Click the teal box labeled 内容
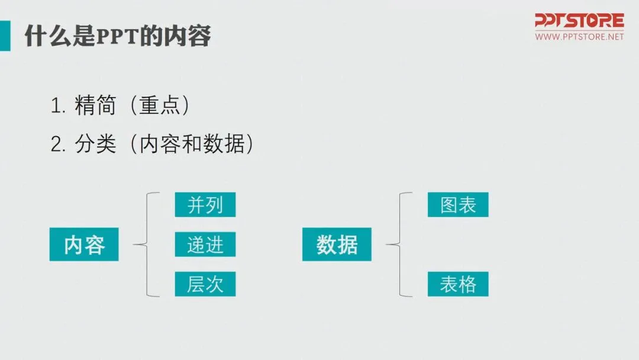click(84, 244)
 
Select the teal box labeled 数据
click(337, 244)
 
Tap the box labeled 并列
click(205, 204)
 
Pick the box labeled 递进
click(205, 244)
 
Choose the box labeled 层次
click(205, 284)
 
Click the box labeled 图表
click(458, 204)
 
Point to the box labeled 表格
click(458, 284)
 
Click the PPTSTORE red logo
click(579, 21)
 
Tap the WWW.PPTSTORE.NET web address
click(579, 37)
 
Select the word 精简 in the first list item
click(95, 107)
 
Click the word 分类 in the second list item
click(95, 144)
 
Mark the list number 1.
click(57, 107)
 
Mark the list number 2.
click(57, 144)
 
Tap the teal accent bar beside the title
click(5, 36)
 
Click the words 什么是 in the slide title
click(52, 36)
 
